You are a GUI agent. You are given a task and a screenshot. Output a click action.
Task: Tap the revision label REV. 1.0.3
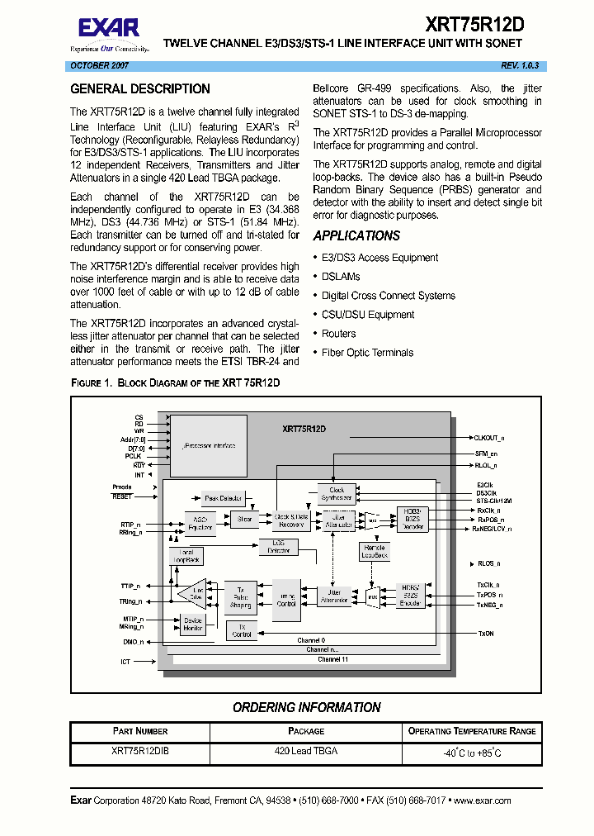pyautogui.click(x=519, y=65)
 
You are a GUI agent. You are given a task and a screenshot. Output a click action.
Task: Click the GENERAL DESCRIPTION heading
pyautogui.click(x=140, y=89)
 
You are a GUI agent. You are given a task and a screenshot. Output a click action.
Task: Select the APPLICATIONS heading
pyautogui.click(x=356, y=235)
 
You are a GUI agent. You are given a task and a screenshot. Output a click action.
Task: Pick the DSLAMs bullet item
pyautogui.click(x=341, y=277)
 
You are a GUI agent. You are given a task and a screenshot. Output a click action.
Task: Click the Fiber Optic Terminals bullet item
pyautogui.click(x=367, y=353)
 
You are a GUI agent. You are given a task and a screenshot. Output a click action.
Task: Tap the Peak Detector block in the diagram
pyautogui.click(x=223, y=498)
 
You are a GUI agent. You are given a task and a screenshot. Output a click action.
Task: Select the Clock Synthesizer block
pyautogui.click(x=337, y=494)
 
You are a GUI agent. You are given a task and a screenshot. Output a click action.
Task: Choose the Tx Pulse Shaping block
pyautogui.click(x=240, y=596)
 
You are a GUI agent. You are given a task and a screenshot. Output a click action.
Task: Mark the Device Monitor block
pyautogui.click(x=193, y=625)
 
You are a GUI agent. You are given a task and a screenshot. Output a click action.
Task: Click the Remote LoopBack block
pyautogui.click(x=375, y=551)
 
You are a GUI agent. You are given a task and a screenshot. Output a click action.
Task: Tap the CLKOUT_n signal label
pyautogui.click(x=489, y=438)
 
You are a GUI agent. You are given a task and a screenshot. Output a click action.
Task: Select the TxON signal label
pyautogui.click(x=486, y=634)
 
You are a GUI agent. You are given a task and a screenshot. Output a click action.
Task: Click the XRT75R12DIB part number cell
pyautogui.click(x=140, y=752)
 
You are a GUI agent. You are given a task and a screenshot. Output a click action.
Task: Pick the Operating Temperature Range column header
pyautogui.click(x=472, y=731)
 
